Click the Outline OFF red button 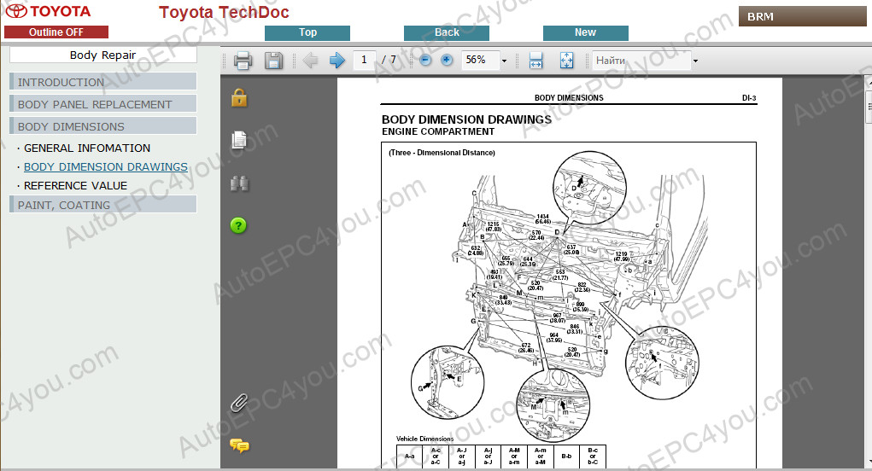[56, 32]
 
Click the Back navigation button [447, 32]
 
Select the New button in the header [585, 32]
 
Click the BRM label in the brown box [760, 16]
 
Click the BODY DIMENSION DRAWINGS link [106, 166]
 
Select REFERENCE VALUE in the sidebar [75, 185]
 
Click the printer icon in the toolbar [243, 61]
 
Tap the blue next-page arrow [337, 61]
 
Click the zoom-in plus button [447, 61]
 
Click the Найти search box [641, 61]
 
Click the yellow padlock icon [239, 97]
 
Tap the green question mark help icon [239, 225]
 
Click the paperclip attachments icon [239, 402]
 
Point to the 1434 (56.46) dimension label [542, 218]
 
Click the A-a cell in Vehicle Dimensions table [409, 456]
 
